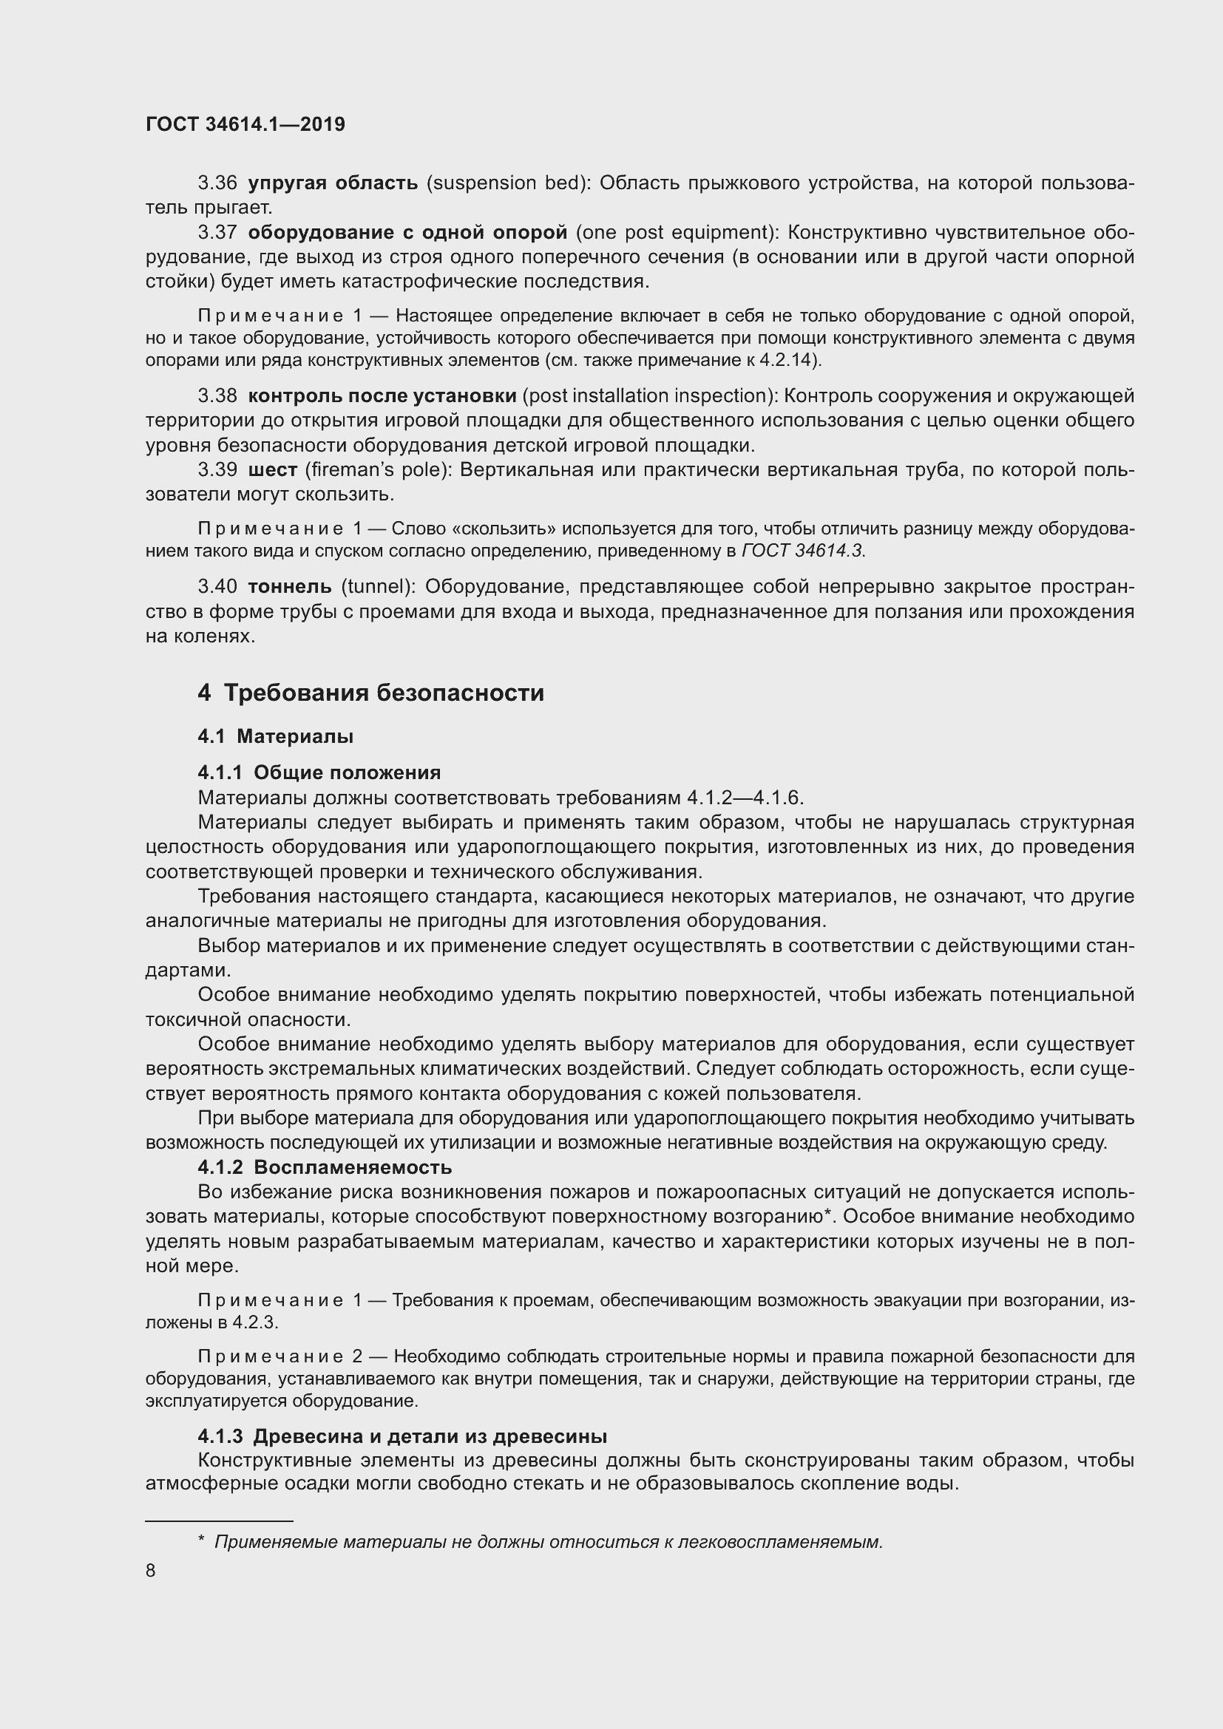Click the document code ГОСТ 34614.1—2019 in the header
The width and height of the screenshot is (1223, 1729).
pos(245,124)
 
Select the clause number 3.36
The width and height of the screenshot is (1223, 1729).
pos(217,183)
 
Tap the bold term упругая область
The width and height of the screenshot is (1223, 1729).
pos(333,183)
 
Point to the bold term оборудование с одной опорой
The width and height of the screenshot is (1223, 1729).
pos(407,233)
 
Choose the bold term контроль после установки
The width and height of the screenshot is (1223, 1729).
pos(382,395)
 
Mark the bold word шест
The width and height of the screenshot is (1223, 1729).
pos(272,470)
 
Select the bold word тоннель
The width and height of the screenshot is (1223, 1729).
pos(289,586)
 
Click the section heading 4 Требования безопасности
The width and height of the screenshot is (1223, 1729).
pos(370,693)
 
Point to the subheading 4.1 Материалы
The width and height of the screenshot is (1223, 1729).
pos(276,736)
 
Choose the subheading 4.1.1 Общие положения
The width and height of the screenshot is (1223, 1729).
pos(319,772)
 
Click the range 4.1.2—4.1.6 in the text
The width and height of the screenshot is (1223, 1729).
pos(745,798)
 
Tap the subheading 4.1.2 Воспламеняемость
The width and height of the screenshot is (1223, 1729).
pos(325,1168)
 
